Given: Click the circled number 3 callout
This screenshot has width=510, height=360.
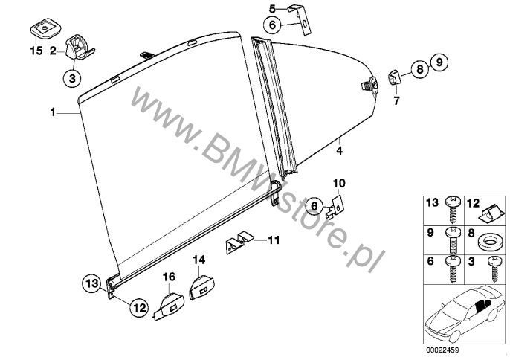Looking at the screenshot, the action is [72, 78].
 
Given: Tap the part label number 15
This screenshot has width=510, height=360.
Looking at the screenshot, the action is [36, 51].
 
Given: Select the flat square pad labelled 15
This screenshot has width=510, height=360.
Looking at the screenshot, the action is [45, 28].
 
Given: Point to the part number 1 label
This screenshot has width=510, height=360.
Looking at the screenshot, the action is [52, 112].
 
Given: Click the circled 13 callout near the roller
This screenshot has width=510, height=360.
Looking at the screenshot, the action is [91, 283].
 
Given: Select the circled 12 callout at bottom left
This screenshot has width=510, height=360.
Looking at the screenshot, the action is [139, 307].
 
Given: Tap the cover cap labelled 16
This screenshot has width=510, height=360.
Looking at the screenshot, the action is [169, 305].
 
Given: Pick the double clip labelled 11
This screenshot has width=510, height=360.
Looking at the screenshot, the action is [239, 242].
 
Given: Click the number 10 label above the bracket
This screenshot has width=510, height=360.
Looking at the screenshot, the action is [338, 184].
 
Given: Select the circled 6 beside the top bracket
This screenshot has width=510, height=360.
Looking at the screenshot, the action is [273, 25].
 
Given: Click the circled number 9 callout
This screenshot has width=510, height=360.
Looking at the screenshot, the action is [439, 62].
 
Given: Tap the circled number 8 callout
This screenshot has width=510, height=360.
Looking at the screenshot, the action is [420, 69].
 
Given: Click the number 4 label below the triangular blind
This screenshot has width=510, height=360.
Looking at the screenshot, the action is [339, 151].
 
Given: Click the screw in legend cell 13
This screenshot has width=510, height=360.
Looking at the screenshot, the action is [453, 210].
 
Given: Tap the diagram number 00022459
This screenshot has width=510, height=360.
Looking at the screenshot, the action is [442, 350].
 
